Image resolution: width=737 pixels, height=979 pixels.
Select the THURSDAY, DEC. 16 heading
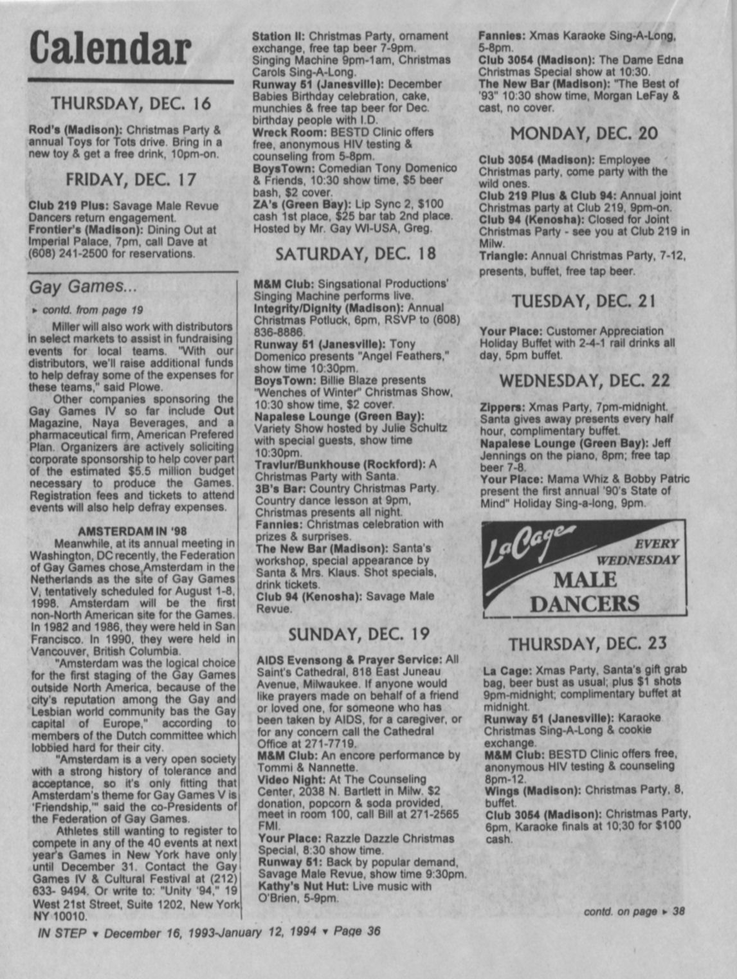(x=131, y=104)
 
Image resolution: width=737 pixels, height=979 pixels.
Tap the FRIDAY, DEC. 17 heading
(x=131, y=179)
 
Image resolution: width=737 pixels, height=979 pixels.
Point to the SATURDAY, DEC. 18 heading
(x=356, y=254)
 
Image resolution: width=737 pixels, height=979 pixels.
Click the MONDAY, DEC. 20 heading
(x=584, y=134)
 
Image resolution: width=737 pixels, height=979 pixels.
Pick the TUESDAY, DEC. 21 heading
(x=584, y=301)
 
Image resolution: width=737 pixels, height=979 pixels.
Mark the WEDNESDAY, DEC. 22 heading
(x=584, y=380)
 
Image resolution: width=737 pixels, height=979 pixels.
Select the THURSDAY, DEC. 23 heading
(x=588, y=644)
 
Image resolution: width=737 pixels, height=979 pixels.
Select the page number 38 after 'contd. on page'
(x=678, y=911)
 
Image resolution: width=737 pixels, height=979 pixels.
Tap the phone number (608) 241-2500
(x=68, y=253)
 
